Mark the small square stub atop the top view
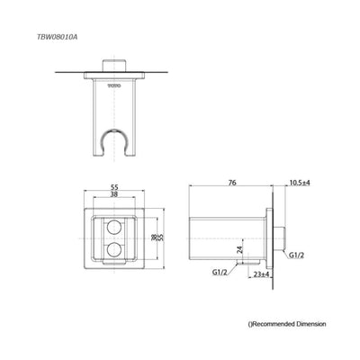pos(114,66)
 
